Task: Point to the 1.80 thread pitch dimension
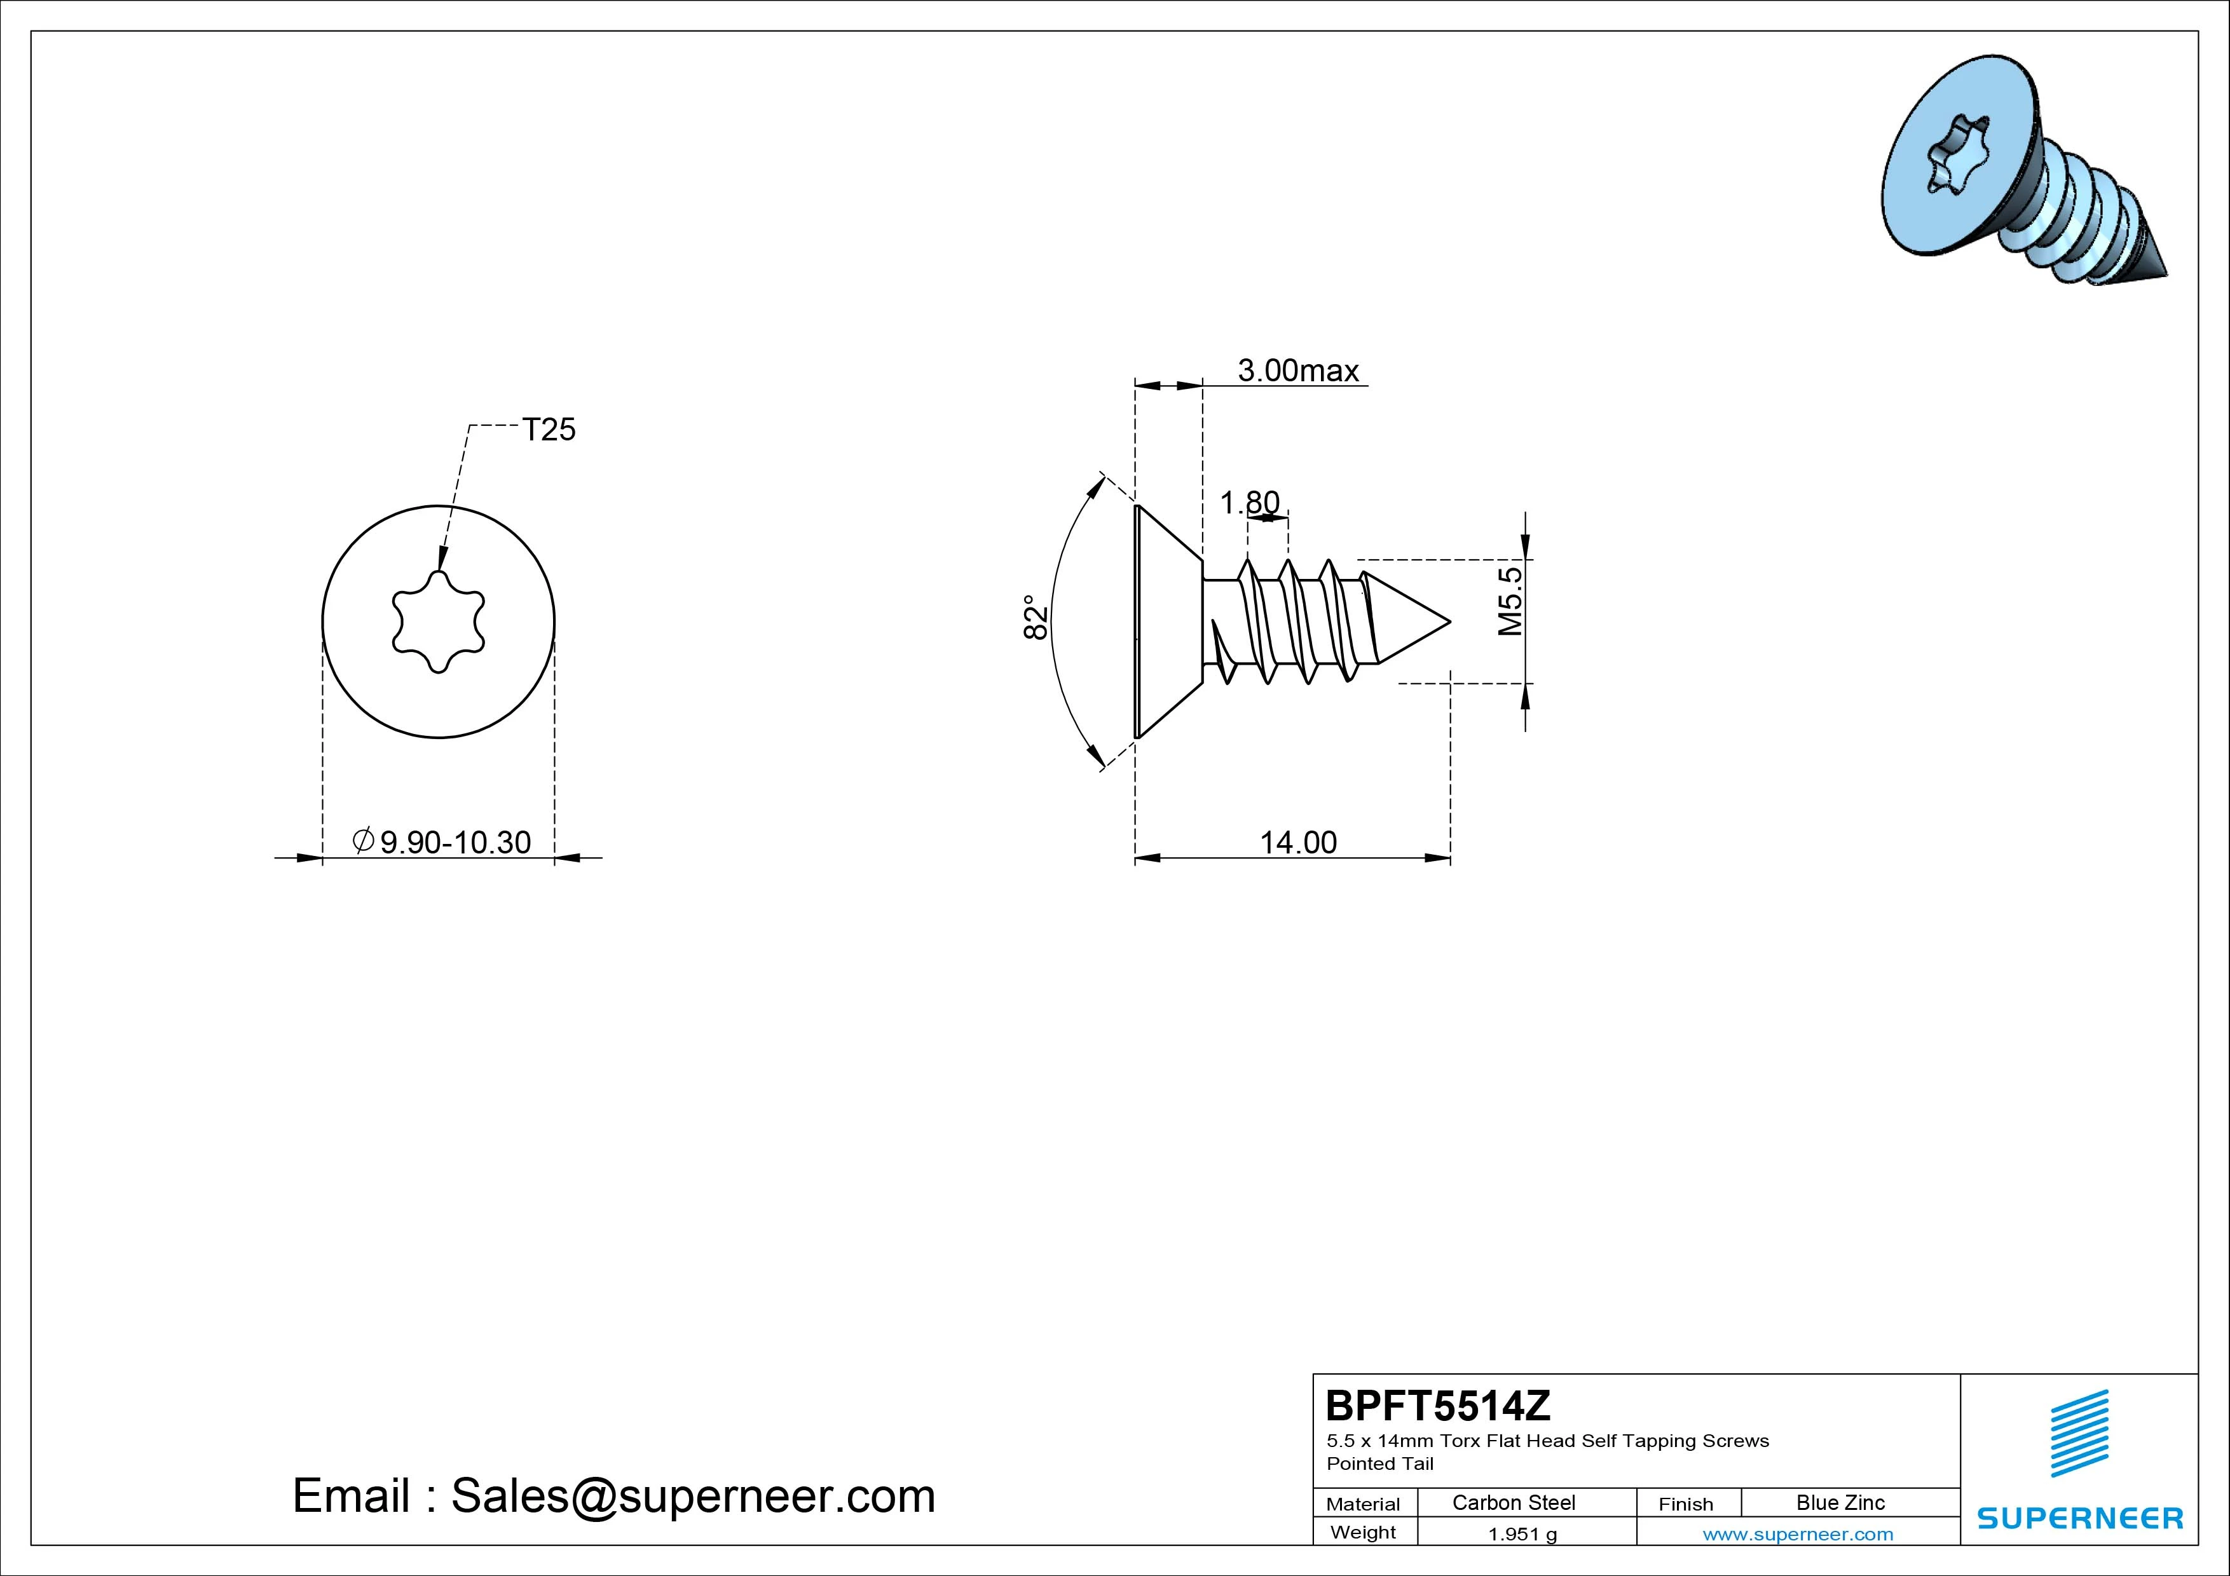click(x=1249, y=503)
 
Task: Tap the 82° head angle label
click(x=1036, y=618)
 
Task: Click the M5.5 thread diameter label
click(x=1510, y=601)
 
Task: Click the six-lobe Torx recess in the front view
click(x=438, y=622)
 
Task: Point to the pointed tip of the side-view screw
click(x=1449, y=622)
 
